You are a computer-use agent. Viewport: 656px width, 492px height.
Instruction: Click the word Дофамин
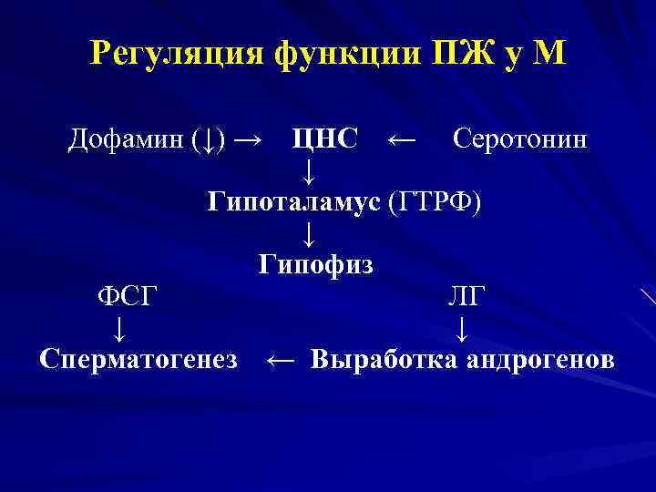pyautogui.click(x=126, y=139)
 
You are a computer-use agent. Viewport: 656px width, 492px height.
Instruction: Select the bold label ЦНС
pyautogui.click(x=324, y=139)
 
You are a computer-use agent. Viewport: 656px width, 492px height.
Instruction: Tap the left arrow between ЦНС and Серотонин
pyautogui.click(x=402, y=140)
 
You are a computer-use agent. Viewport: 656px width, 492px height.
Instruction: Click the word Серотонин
pyautogui.click(x=519, y=139)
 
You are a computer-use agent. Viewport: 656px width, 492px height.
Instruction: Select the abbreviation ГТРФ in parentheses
pyautogui.click(x=435, y=201)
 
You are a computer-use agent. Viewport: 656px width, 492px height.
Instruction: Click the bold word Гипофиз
pyautogui.click(x=315, y=264)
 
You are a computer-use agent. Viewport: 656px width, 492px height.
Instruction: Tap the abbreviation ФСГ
pyautogui.click(x=128, y=296)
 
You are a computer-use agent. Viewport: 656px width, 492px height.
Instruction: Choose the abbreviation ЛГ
pyautogui.click(x=466, y=296)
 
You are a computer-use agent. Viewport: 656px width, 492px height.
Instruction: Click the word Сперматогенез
pyautogui.click(x=139, y=359)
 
